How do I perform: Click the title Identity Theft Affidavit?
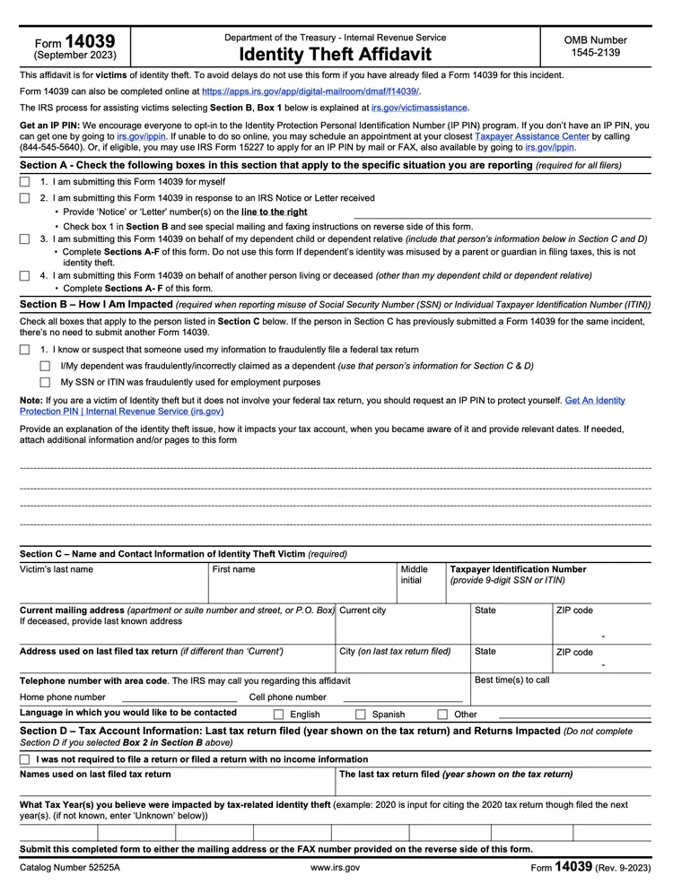coord(335,55)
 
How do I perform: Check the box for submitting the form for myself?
coord(25,182)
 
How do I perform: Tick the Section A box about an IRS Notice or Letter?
coord(25,198)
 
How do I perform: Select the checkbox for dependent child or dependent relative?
coord(25,239)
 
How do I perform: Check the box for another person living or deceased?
coord(25,276)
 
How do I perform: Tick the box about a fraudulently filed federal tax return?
coord(25,350)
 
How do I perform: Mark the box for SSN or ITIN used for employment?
coord(45,382)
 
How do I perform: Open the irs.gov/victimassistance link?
coord(419,108)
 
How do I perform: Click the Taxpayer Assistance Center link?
coord(531,136)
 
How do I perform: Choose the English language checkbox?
coord(278,715)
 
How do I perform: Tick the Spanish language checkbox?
coord(361,715)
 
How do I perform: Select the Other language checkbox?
coord(442,715)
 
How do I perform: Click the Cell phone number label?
coord(287,697)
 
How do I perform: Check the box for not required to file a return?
coord(25,759)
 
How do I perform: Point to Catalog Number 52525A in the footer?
coord(69,868)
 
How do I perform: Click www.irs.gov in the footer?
coord(335,868)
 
